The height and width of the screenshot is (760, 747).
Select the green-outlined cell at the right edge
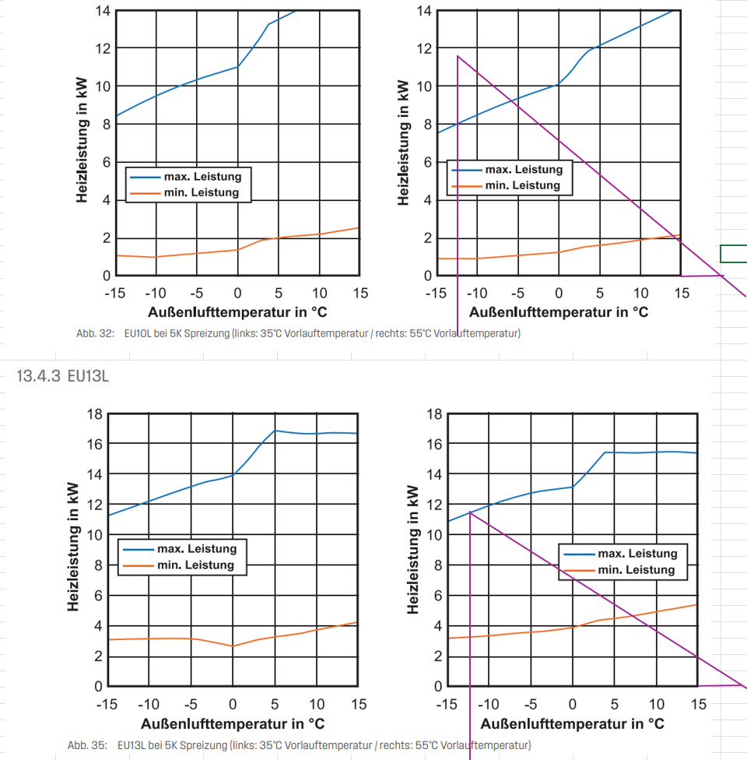pyautogui.click(x=734, y=253)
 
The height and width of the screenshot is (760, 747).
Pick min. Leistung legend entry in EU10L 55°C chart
pyautogui.click(x=522, y=185)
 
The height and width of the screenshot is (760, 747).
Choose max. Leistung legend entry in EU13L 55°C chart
pyautogui.click(x=637, y=554)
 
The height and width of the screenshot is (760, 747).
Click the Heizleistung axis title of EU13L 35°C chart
pyautogui.click(x=73, y=548)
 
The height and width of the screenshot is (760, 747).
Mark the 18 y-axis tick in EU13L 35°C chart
pyautogui.click(x=93, y=413)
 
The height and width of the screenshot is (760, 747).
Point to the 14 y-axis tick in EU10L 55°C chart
pyautogui.click(x=424, y=11)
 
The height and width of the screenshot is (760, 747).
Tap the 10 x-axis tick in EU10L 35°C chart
pyautogui.click(x=319, y=293)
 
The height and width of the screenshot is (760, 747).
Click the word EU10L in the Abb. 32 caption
pyautogui.click(x=136, y=333)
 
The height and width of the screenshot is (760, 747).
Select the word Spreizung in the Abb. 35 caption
pyautogui.click(x=191, y=745)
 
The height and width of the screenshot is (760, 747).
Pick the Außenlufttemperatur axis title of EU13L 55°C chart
pyautogui.click(x=572, y=723)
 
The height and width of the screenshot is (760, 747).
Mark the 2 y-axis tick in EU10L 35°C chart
pyautogui.click(x=106, y=238)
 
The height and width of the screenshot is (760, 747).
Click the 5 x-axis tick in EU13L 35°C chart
pyautogui.click(x=274, y=705)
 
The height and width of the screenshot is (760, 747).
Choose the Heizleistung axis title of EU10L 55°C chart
pyautogui.click(x=403, y=143)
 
